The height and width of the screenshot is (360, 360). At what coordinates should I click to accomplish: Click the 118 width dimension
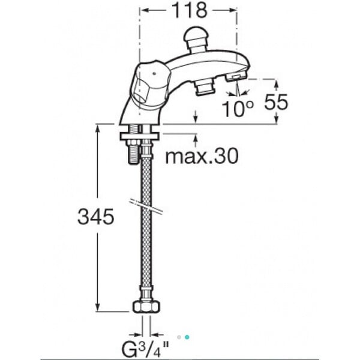(190, 10)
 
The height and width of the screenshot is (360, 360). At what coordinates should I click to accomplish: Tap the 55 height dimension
(276, 102)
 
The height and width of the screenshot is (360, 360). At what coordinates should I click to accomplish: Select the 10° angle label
(238, 109)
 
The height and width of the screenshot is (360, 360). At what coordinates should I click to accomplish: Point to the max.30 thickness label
(202, 156)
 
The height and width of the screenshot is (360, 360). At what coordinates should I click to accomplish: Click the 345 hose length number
(96, 217)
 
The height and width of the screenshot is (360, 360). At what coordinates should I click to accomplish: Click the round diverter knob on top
(196, 39)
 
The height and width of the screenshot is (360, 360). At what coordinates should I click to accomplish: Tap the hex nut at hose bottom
(146, 307)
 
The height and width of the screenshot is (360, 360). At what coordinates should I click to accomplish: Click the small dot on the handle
(154, 74)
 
